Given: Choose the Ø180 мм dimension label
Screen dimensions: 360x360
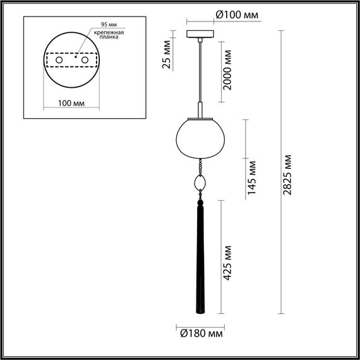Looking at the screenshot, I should pos(200,332).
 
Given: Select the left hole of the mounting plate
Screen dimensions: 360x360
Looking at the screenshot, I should pos(59,60).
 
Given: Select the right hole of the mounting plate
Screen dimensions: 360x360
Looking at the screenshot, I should pos(82,60).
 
